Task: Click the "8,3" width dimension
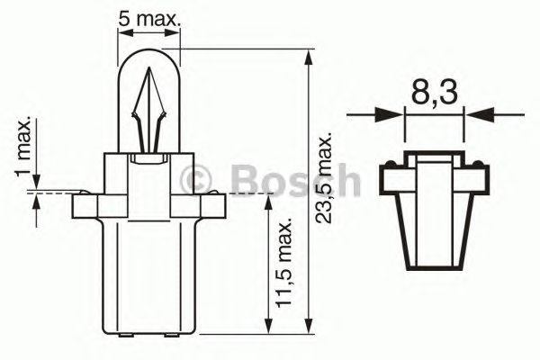click(x=435, y=93)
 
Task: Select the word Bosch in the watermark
click(x=293, y=180)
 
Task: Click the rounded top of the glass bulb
click(x=149, y=56)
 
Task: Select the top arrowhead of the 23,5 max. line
click(x=310, y=57)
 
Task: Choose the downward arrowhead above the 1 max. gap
click(x=37, y=184)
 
